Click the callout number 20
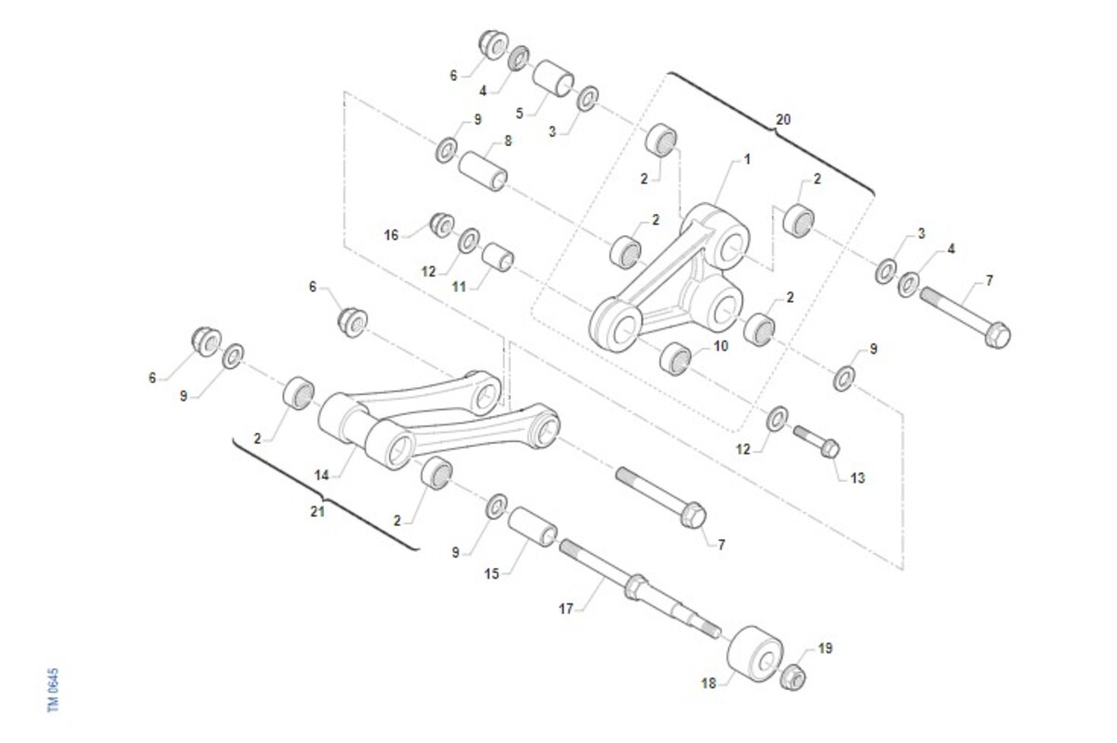pyautogui.click(x=783, y=120)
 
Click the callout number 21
pyautogui.click(x=317, y=511)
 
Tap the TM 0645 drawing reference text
pyautogui.click(x=53, y=690)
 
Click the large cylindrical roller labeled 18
pyautogui.click(x=755, y=654)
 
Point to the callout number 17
pyautogui.click(x=566, y=609)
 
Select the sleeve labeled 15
pyautogui.click(x=532, y=527)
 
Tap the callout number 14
pyautogui.click(x=322, y=476)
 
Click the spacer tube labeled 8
pyautogui.click(x=483, y=171)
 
